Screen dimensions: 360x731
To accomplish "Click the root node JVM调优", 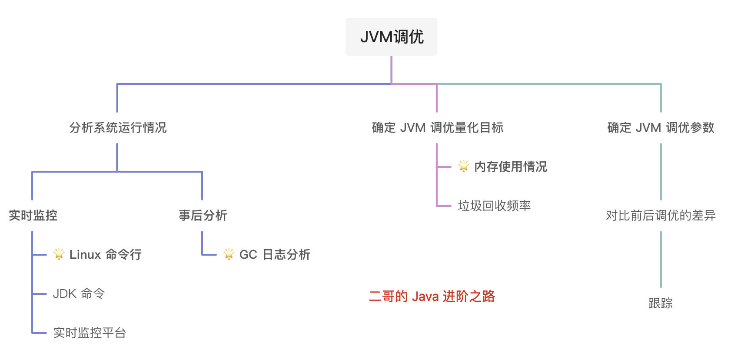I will [392, 37].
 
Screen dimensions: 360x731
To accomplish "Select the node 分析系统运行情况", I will [118, 127].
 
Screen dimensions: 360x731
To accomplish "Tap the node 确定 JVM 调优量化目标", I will [438, 127].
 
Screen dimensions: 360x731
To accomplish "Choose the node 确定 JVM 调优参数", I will [661, 127].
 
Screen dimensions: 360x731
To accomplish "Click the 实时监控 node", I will [33, 215].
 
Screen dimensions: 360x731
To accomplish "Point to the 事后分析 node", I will [203, 215].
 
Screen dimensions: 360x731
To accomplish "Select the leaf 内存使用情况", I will [511, 167].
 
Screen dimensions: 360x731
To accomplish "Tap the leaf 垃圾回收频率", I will [494, 206].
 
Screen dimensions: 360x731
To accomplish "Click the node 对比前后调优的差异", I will [661, 215].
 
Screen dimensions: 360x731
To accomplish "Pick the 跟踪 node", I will [661, 303].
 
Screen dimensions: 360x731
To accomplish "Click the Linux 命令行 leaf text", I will [106, 254].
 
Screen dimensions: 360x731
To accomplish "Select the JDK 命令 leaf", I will [79, 294].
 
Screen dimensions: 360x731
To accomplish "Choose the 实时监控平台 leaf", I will [90, 333].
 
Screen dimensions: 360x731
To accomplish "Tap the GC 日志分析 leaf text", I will [275, 254].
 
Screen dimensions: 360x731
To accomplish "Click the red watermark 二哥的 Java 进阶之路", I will [432, 297].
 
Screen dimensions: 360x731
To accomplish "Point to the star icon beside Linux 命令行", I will [59, 254].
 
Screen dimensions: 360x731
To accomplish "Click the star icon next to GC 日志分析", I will [229, 254].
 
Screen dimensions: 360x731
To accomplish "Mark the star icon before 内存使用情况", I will [464, 166].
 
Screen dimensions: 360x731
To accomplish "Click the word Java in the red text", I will [425, 297].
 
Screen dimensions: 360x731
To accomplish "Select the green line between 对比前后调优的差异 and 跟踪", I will [661, 259].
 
